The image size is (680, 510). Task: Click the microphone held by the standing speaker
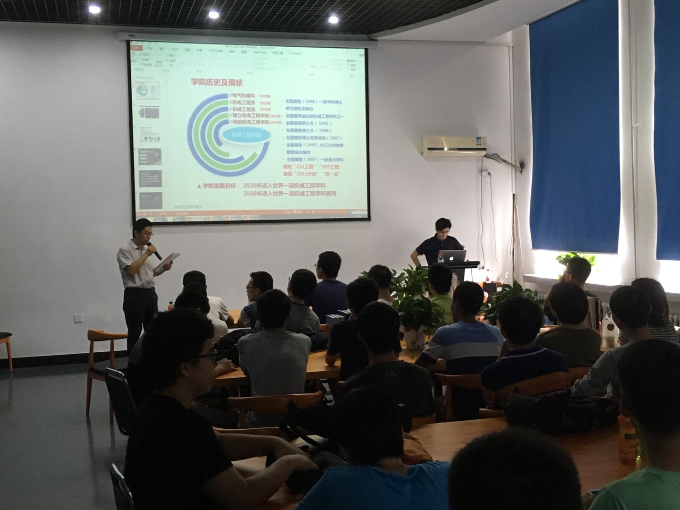(x=155, y=251)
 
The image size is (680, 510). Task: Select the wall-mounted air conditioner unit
(x=454, y=145)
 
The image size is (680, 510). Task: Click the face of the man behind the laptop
(x=442, y=229)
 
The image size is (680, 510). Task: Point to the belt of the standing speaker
(x=140, y=289)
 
